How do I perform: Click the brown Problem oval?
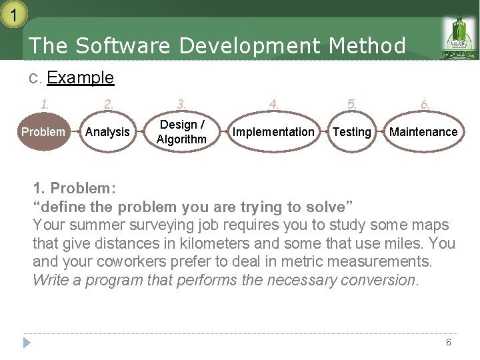coord(43,132)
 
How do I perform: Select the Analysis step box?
coord(107,132)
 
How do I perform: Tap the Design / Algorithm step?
coord(181,132)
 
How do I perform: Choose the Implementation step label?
coord(273,132)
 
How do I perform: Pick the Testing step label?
coord(351,132)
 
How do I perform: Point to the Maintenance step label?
coord(423,132)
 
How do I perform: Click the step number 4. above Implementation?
coord(273,104)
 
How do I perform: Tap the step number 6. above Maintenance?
coord(425,104)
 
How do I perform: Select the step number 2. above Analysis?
coord(108,104)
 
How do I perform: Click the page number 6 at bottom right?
coord(448,342)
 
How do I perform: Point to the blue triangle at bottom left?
coord(27,343)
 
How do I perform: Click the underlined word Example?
coord(81,78)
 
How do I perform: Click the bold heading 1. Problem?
coord(75,187)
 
